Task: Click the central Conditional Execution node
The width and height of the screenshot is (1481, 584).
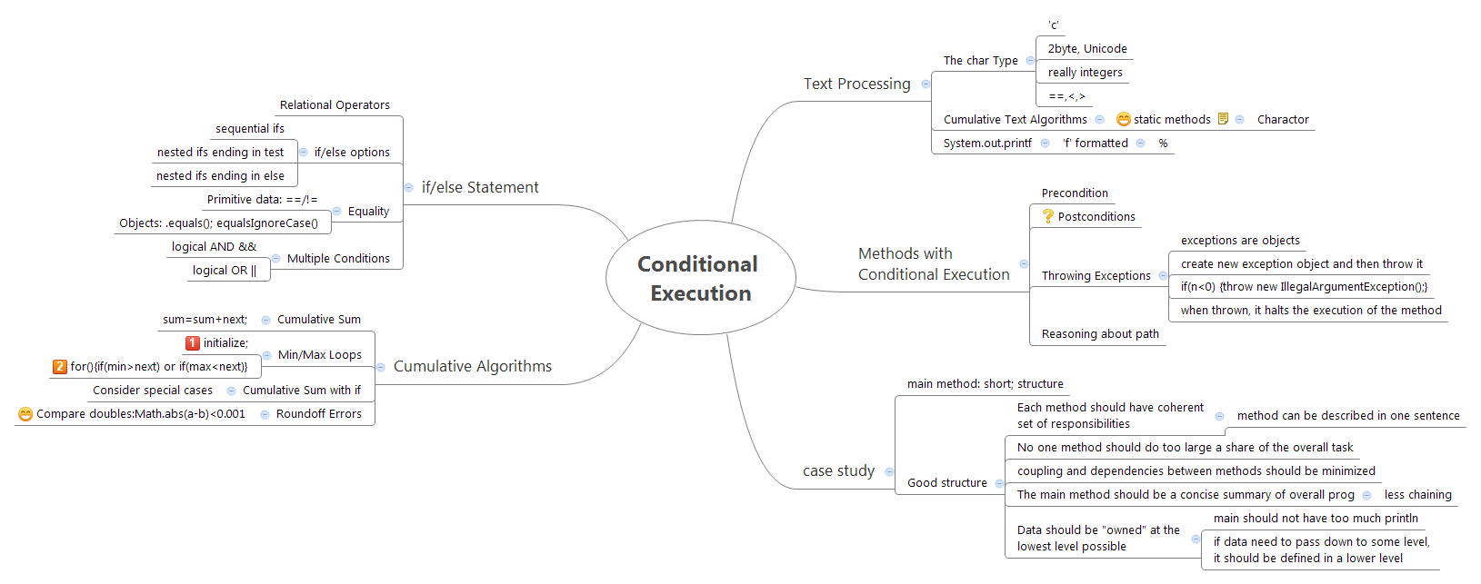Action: click(700, 278)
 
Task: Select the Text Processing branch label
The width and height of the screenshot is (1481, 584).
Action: click(856, 84)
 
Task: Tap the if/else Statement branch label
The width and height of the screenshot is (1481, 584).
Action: click(480, 187)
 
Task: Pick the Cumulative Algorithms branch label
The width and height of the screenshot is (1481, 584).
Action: click(472, 366)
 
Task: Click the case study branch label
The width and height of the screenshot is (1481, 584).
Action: click(838, 470)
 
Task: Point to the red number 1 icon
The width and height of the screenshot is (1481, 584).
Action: click(193, 342)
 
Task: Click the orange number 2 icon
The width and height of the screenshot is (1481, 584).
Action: click(60, 366)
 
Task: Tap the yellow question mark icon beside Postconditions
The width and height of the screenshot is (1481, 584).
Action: click(1048, 216)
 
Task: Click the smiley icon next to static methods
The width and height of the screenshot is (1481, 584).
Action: click(1124, 119)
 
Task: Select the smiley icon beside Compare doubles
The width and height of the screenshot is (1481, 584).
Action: click(25, 413)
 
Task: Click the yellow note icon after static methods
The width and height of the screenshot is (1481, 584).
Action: click(1223, 119)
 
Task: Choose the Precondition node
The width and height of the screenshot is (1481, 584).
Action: click(1075, 193)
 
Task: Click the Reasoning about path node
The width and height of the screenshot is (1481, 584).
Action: click(1100, 333)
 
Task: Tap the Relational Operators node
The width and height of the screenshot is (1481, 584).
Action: click(335, 104)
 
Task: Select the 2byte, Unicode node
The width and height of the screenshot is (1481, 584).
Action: click(1086, 48)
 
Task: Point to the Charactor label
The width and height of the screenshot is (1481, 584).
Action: click(1283, 119)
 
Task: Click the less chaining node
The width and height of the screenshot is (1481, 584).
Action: click(1417, 494)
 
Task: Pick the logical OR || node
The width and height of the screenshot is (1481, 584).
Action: click(224, 270)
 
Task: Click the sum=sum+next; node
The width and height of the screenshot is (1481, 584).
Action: click(205, 319)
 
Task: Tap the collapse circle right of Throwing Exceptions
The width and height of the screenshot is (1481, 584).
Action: click(1163, 275)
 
